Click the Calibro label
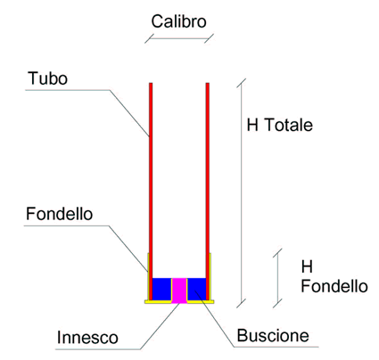click(x=178, y=21)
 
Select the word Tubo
click(x=47, y=78)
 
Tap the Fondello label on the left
click(x=59, y=214)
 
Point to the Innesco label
click(x=87, y=338)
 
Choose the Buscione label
click(x=273, y=336)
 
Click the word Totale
click(x=288, y=125)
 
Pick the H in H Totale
click(x=252, y=125)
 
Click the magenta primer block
click(x=179, y=290)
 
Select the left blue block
click(x=161, y=290)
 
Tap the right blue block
click(x=196, y=290)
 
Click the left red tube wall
click(x=151, y=192)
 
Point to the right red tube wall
click(x=208, y=192)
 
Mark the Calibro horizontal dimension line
click(x=179, y=38)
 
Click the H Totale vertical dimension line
click(x=242, y=193)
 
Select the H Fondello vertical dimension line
click(x=277, y=278)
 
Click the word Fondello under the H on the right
click(x=334, y=286)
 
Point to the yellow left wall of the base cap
click(x=148, y=276)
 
